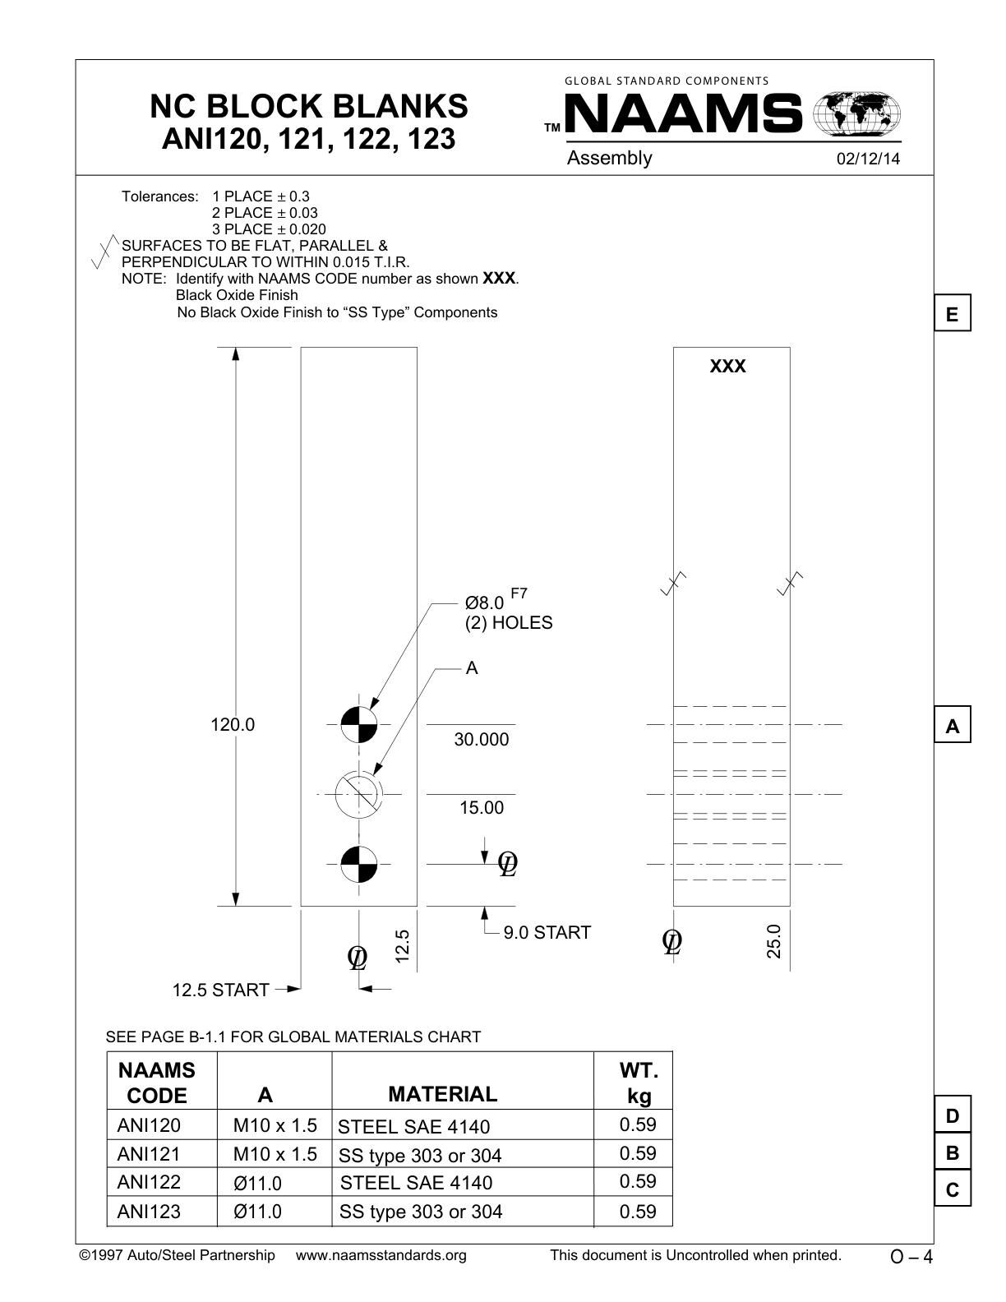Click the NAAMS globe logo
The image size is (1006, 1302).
pos(856,113)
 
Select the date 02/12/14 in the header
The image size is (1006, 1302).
pos(868,159)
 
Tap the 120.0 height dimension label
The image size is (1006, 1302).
pos(233,725)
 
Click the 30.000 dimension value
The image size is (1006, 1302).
pos(482,740)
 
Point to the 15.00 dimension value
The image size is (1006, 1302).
pos(482,808)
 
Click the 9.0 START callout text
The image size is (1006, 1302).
pos(547,933)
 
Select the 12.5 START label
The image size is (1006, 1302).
pos(220,990)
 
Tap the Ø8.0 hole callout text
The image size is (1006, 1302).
pos(485,603)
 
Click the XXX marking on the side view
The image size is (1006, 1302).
pos(728,367)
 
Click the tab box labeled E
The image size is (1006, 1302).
pos(953,314)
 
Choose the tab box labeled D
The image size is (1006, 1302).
pos(953,1115)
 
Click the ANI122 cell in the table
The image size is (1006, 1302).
pos(149,1183)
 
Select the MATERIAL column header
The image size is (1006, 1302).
pos(442,1094)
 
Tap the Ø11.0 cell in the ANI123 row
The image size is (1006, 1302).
pos(257,1212)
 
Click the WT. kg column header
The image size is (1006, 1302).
pos(639,1083)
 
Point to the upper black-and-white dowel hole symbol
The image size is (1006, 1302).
pos(359,724)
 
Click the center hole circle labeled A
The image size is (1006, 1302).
pos(359,795)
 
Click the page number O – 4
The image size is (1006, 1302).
pos(911,1257)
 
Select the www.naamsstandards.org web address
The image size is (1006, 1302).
pos(381,1255)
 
